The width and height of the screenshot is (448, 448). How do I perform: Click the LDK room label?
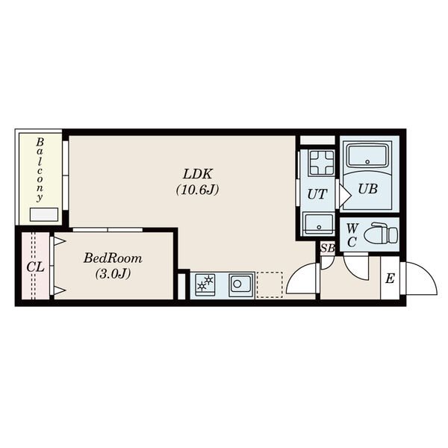(198, 174)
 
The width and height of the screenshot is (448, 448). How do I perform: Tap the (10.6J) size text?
(197, 190)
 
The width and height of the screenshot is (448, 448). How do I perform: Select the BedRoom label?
(113, 258)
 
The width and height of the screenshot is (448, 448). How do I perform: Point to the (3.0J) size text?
(113, 274)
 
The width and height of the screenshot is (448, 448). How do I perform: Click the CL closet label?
(35, 267)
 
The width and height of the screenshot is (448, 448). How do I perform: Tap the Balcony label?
(40, 169)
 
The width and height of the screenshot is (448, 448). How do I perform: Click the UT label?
(317, 194)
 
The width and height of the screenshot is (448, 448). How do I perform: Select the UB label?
(367, 189)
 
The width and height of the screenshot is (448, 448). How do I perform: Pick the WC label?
(352, 235)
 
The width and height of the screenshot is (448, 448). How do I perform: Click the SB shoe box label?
(328, 248)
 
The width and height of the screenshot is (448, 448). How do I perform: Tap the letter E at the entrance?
(390, 278)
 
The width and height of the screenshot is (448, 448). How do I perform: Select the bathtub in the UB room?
(367, 157)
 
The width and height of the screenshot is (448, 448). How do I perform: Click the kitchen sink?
(241, 284)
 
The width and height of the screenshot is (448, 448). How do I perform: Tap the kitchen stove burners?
(205, 284)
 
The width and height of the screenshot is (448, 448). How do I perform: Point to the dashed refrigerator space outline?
(270, 285)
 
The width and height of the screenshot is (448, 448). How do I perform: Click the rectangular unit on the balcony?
(44, 214)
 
